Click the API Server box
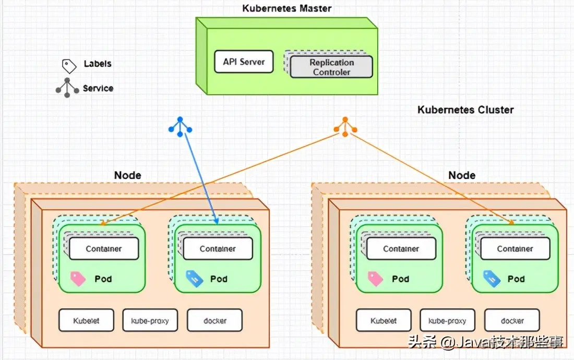tap(244, 62)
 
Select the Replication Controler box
tap(331, 67)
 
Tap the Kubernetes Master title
tap(286, 8)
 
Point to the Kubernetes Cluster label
tap(465, 110)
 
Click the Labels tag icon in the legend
tap(69, 65)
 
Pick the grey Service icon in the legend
tap(66, 88)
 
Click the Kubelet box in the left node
tap(86, 320)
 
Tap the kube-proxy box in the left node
tap(150, 320)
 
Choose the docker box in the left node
tap(214, 320)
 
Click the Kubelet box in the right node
tap(384, 320)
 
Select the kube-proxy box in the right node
tap(447, 320)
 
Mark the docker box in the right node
tap(512, 320)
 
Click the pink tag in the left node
tap(77, 279)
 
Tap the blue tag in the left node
tap(194, 279)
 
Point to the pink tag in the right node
tap(375, 279)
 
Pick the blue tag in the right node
tap(492, 279)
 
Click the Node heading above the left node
tap(127, 175)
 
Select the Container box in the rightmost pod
tap(515, 249)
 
